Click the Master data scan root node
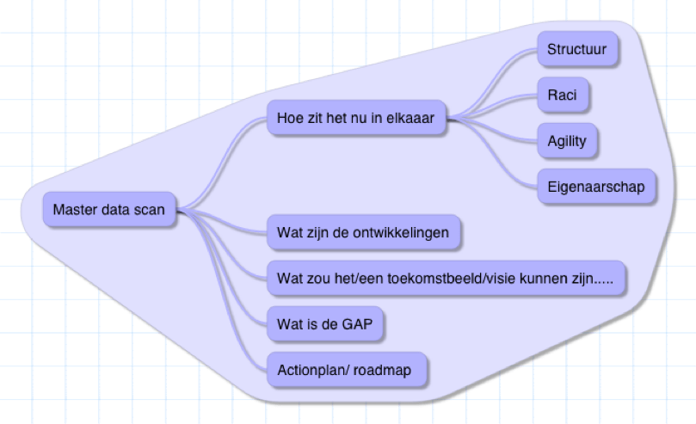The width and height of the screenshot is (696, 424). coord(109,209)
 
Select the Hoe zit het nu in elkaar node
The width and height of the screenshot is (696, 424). coord(355,118)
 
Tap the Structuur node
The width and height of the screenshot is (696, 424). coord(576,49)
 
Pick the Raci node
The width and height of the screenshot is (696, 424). coord(563,95)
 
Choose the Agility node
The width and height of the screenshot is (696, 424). coord(567,141)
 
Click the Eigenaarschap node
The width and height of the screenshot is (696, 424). coord(595,187)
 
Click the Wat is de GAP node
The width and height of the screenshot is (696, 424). coord(324,324)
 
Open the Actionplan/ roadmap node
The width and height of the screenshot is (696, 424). coord(344,370)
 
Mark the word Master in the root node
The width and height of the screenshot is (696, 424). coord(73,209)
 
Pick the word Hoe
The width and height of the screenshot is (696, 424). coord(290,118)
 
